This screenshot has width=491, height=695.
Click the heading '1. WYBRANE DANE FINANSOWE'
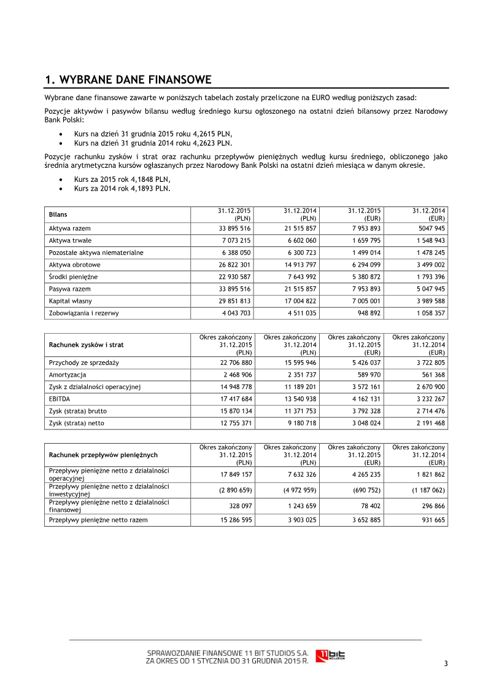pos(128,80)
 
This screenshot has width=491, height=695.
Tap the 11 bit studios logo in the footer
pos(330,656)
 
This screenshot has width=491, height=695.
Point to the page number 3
pos(446,663)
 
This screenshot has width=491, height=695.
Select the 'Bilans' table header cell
pos(58,214)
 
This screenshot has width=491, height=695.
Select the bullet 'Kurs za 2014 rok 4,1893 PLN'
pos(122,188)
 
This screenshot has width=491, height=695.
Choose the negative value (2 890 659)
pos(234,490)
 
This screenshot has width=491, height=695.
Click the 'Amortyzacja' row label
pos(68,375)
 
